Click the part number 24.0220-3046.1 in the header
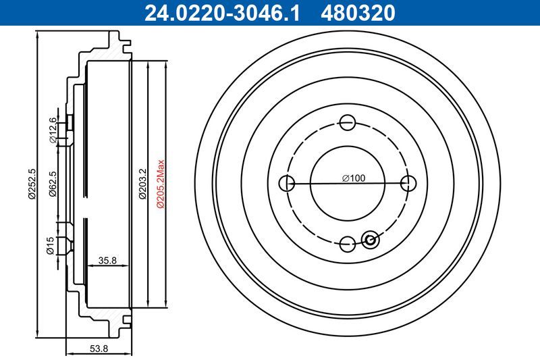click(217, 11)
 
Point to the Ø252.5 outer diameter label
click(31, 184)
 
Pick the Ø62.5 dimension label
click(52, 184)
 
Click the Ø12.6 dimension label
click(52, 130)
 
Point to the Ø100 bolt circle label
click(353, 178)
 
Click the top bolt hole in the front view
click(348, 122)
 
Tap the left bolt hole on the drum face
click(286, 183)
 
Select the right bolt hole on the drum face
click(408, 183)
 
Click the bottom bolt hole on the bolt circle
click(348, 244)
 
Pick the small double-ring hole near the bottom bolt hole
click(370, 238)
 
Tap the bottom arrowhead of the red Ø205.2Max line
click(155, 305)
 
